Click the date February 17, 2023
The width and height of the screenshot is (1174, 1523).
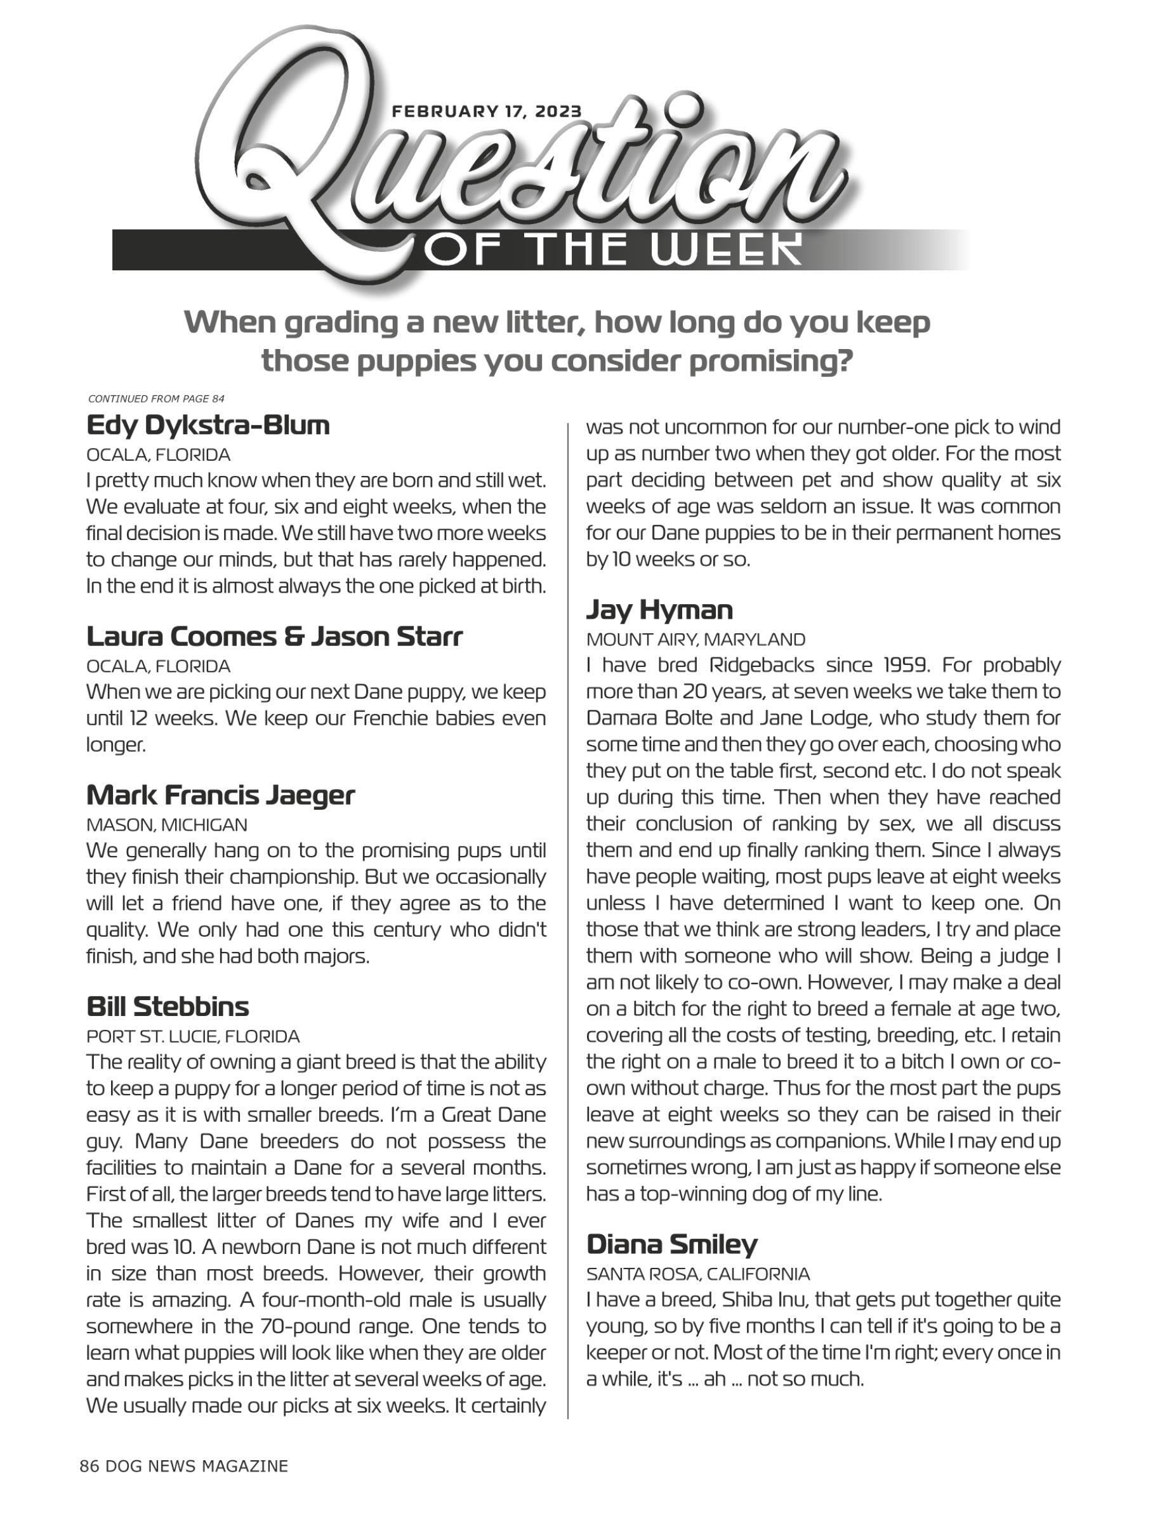[487, 112]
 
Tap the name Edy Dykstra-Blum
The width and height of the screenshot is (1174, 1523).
[208, 425]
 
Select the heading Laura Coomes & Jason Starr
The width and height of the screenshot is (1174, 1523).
[274, 636]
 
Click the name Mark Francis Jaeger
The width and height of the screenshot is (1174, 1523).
[220, 794]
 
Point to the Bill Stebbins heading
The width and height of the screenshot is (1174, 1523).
[168, 1006]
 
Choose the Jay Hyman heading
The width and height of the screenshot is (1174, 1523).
[659, 610]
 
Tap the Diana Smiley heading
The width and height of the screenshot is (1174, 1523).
[671, 1244]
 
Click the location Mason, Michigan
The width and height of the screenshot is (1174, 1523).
[167, 825]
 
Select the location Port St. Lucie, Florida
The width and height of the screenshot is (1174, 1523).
[193, 1036]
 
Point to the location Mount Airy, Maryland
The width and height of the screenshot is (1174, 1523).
[695, 640]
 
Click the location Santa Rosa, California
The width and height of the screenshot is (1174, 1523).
[698, 1274]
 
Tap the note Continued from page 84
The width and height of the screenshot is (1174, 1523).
[156, 399]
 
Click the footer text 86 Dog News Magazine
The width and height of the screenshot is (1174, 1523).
[183, 1466]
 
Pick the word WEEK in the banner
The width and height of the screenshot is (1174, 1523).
[725, 249]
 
